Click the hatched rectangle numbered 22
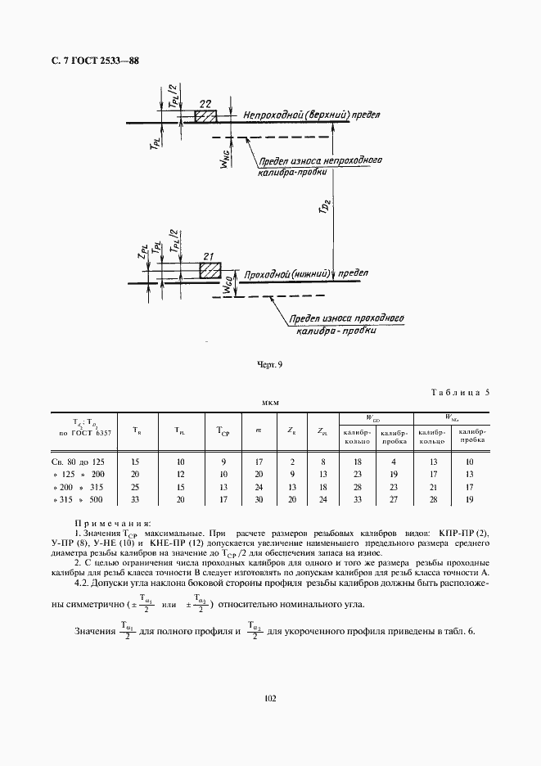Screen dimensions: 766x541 (x=205, y=117)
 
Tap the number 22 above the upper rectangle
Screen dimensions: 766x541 (x=205, y=102)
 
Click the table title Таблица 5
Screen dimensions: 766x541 (x=459, y=391)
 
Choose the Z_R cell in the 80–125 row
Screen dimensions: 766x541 (x=292, y=462)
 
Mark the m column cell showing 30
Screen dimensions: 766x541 (x=259, y=499)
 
